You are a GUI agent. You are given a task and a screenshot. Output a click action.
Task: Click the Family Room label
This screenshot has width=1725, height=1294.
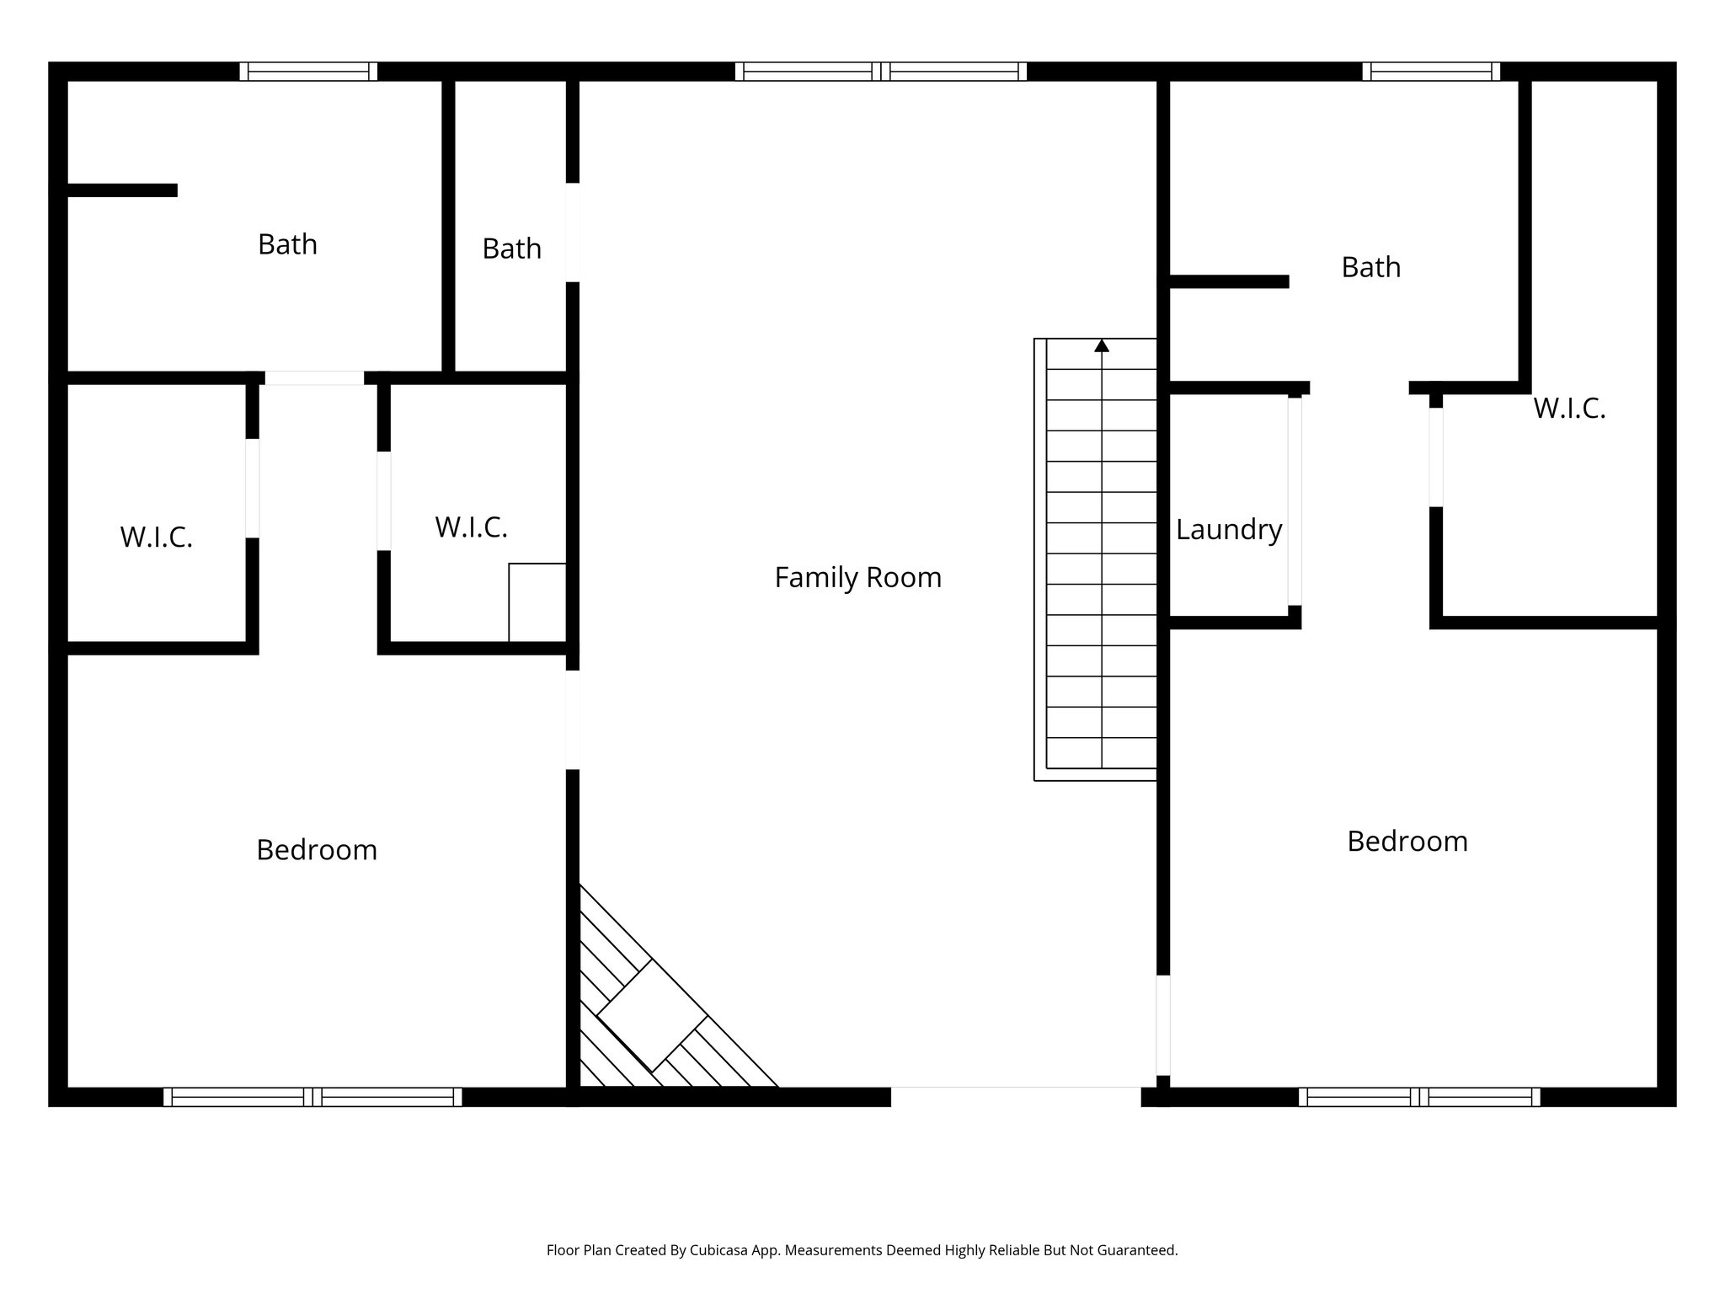coord(857,578)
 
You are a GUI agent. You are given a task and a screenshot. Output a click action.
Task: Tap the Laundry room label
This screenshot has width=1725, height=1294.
coord(1228,530)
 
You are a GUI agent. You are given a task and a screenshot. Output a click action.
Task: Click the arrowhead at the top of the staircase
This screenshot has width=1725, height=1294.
coord(1102,345)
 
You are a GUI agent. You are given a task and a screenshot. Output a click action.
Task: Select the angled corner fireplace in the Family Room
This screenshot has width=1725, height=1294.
coord(653,1015)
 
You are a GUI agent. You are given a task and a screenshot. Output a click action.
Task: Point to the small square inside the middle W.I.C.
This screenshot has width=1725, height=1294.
coord(537,602)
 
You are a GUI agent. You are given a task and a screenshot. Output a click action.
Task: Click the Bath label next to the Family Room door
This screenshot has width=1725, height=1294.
coord(511,249)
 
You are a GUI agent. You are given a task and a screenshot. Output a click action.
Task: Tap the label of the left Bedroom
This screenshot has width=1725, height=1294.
coord(316,850)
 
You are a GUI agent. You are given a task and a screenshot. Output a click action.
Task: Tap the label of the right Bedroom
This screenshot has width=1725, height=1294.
coord(1407,842)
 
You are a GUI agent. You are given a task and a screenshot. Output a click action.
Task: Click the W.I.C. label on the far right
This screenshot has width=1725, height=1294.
coord(1568,409)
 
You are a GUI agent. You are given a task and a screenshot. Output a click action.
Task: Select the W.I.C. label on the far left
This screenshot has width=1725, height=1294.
coord(156,537)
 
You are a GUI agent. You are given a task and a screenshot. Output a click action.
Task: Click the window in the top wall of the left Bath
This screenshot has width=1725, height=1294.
coord(308,72)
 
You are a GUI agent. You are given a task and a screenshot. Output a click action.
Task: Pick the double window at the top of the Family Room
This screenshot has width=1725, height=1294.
coord(880,72)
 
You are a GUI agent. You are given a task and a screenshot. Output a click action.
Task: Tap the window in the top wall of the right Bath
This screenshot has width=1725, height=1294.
coord(1431,72)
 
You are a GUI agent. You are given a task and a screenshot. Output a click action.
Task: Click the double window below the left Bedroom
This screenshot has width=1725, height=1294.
coord(312,1097)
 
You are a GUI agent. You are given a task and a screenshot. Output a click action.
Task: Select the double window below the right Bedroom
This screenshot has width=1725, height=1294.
coord(1419,1097)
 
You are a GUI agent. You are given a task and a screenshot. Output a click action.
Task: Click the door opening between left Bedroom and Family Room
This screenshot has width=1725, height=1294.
coord(573,719)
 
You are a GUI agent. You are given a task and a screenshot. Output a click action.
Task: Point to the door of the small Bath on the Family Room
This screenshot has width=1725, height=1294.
coord(573,233)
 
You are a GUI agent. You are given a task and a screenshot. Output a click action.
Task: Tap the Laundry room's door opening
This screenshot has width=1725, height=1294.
coord(1295,501)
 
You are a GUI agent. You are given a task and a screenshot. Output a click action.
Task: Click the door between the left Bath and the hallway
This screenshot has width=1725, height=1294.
coord(314,378)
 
